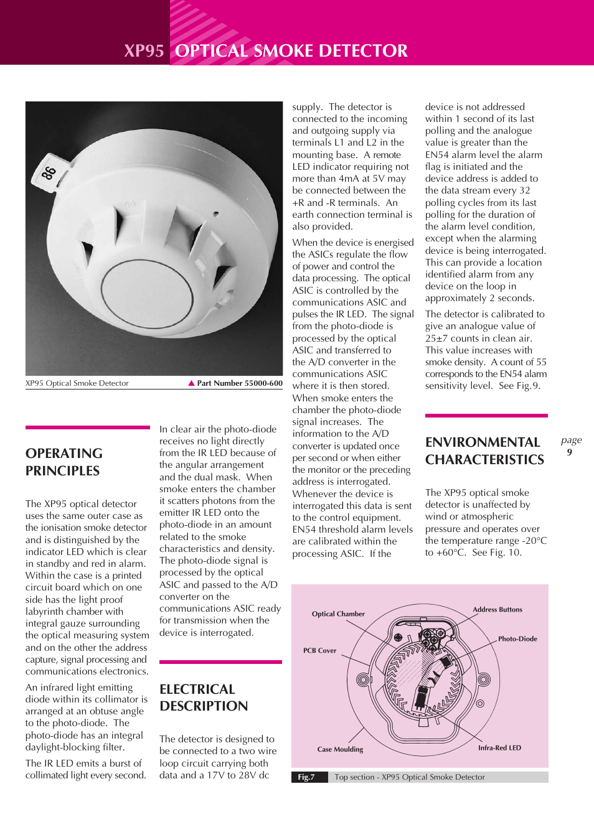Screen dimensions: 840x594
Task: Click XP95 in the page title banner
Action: (x=144, y=51)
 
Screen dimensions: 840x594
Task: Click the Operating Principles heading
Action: (x=64, y=462)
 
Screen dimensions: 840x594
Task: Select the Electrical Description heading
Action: (x=204, y=698)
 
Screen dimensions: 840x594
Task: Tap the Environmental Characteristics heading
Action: (x=484, y=451)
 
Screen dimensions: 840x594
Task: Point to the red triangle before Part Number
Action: (x=192, y=383)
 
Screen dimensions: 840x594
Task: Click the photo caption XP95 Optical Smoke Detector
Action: (x=77, y=383)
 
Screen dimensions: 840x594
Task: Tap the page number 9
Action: (x=569, y=452)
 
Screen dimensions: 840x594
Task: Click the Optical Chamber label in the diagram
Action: (x=338, y=614)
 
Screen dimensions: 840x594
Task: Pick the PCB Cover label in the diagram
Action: (x=319, y=651)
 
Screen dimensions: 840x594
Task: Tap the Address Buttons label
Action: (x=497, y=610)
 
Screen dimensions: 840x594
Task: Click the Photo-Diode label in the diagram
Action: (x=517, y=639)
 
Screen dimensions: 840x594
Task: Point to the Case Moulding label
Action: (x=340, y=750)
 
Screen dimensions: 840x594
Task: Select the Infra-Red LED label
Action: (x=499, y=748)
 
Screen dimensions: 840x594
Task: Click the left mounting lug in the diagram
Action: (x=364, y=680)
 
